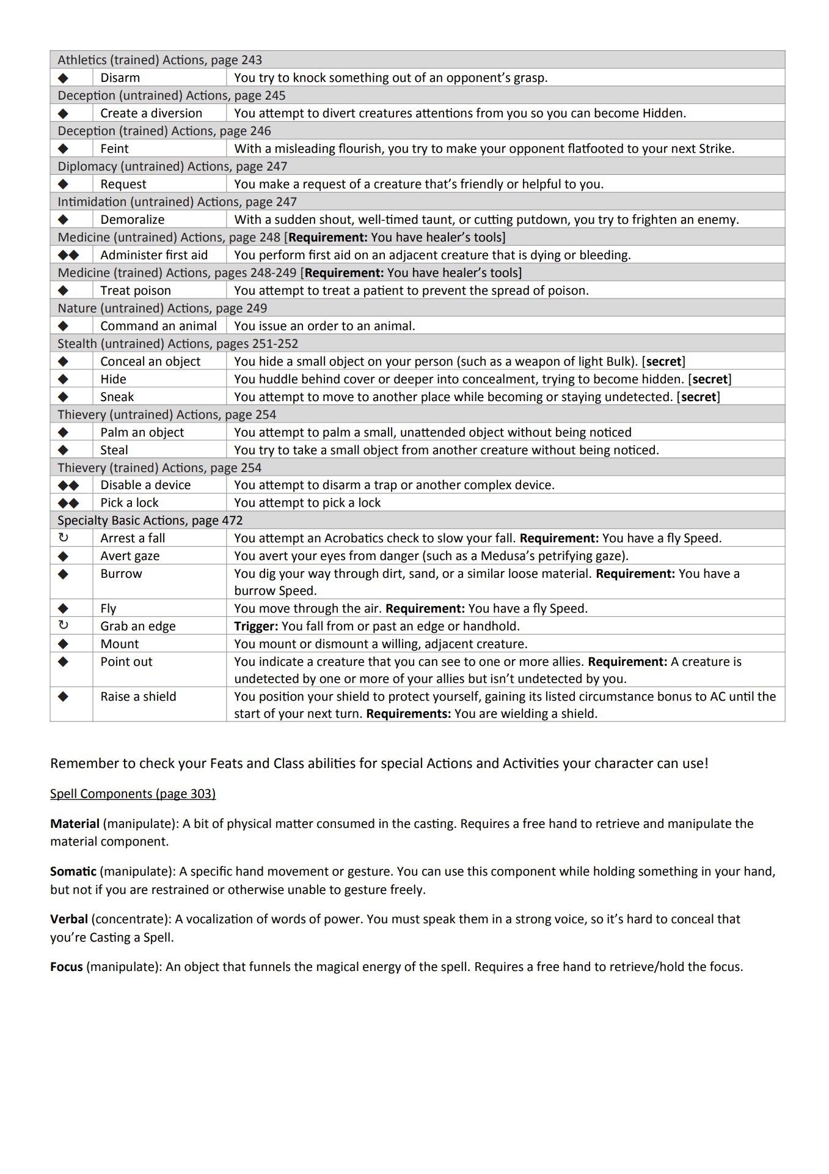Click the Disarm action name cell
point(120,78)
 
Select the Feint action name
point(114,149)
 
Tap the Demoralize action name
point(132,220)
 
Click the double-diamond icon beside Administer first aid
point(68,255)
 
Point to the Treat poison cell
point(135,290)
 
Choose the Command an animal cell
point(158,326)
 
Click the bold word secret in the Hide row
point(709,379)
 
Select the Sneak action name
point(117,397)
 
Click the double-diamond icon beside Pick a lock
point(68,503)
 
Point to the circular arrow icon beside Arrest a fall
point(63,538)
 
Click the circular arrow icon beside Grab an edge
point(63,626)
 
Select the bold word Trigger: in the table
point(256,626)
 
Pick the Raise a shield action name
point(138,696)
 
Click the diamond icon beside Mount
point(63,644)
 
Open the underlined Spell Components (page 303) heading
point(133,794)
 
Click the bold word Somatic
point(73,871)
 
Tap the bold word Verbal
point(69,919)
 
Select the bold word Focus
point(67,967)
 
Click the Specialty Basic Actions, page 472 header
point(150,520)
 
